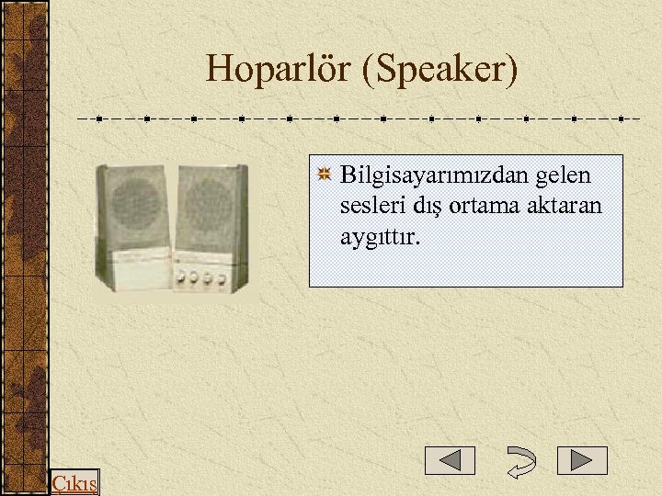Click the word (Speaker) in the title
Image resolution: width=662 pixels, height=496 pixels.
coord(440,70)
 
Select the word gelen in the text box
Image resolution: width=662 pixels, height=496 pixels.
coord(563,175)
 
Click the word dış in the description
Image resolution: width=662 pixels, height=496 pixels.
coord(426,206)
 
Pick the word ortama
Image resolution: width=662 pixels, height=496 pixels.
coord(488,206)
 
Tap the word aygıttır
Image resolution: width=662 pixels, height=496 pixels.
coord(381,238)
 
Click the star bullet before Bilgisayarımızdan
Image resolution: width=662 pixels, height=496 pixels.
coord(325,174)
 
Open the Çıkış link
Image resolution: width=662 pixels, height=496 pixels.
coord(74,483)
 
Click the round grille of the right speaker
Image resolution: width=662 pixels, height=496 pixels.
coord(210,205)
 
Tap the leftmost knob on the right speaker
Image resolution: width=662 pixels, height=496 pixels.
coord(181,277)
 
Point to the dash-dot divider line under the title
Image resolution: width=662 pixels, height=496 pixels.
coord(359,118)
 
